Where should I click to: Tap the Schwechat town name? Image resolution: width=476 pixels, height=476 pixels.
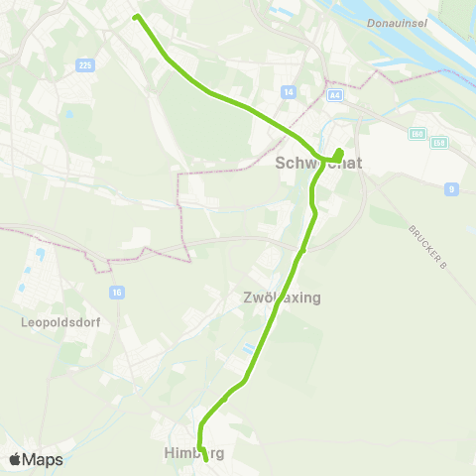[x=310, y=165]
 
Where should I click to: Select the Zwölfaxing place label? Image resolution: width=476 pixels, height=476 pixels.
[x=282, y=297]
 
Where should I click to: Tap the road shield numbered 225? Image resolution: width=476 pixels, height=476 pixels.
[x=84, y=64]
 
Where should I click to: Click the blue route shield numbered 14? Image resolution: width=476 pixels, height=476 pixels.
[x=289, y=91]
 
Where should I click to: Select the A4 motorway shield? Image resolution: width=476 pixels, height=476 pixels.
[x=336, y=95]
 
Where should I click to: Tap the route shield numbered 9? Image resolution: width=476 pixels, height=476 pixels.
[x=451, y=188]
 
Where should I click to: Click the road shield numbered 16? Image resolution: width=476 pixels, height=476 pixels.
[x=117, y=292]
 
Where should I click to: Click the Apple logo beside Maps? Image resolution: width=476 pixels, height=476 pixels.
[x=15, y=459]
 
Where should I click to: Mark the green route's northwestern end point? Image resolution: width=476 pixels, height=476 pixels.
[x=136, y=16]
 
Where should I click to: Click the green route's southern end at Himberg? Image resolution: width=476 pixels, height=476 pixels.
[x=206, y=459]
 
